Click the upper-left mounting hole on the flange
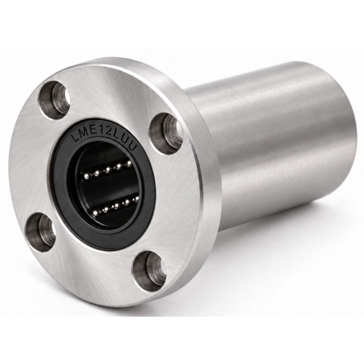pos(55,100)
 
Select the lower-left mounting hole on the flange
pos(41,232)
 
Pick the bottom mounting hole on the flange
pos(149,271)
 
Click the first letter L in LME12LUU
pos(75,138)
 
